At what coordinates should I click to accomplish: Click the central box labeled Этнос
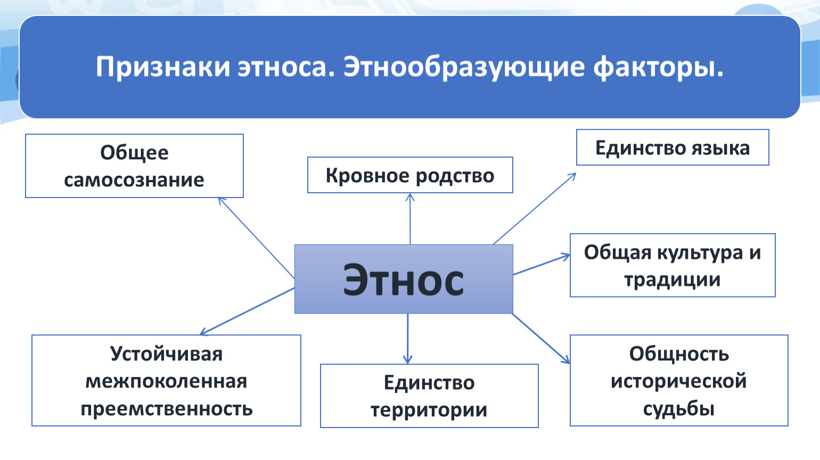coord(404,279)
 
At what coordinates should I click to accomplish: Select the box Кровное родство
coord(410,175)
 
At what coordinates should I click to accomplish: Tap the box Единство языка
coord(673,147)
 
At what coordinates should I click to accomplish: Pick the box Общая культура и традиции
coord(673,265)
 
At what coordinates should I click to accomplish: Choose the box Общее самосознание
coord(134,166)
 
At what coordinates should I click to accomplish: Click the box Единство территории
coord(429,396)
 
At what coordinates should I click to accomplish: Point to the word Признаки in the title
coord(163,68)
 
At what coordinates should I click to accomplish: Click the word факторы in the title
coord(658,68)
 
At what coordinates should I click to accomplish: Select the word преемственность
coord(167,408)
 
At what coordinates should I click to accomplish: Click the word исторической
coord(679,381)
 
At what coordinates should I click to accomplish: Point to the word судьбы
coord(679,408)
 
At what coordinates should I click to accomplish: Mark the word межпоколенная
coord(167,381)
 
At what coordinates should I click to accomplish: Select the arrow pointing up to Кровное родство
coord(410,218)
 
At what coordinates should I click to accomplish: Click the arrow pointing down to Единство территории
coord(408,339)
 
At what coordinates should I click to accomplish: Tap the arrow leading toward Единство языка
coord(535,209)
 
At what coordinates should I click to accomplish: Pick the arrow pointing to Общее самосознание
coord(256,238)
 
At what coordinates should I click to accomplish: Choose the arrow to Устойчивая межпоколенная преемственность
coord(247,311)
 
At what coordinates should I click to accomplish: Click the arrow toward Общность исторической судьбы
coord(541,339)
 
